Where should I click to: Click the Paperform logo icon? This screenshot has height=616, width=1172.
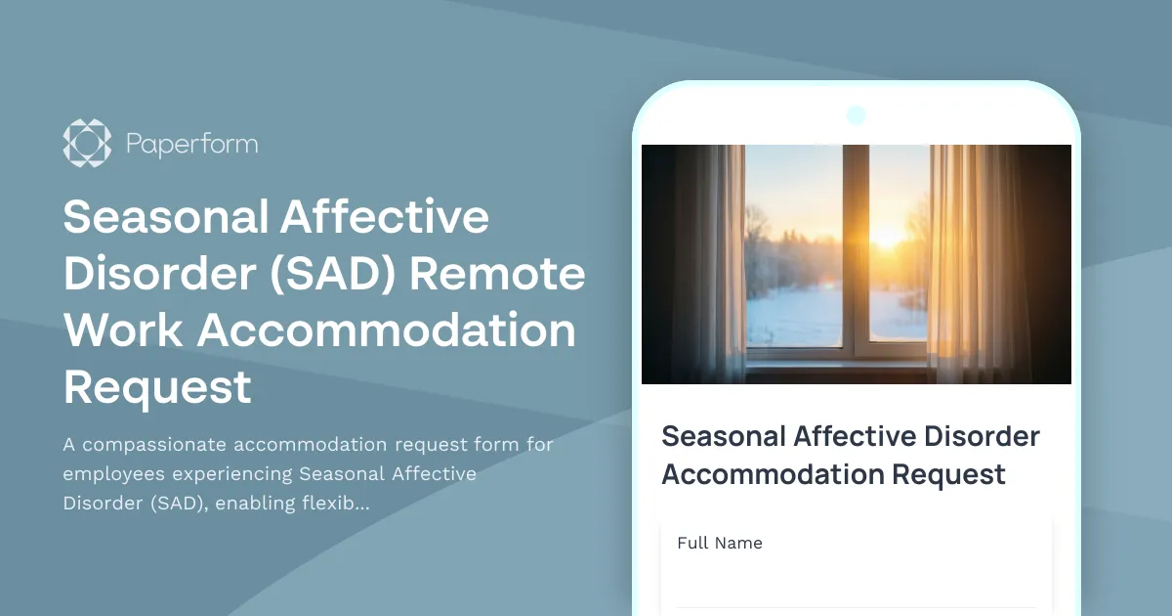point(87,143)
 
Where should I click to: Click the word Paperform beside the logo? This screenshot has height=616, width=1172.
point(191,145)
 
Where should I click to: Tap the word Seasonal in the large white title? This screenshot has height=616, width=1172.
point(165,218)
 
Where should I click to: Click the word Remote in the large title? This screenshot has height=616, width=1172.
point(497,275)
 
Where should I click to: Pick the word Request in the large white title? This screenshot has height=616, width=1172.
point(158,388)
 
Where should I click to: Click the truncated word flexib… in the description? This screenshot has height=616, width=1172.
point(335,504)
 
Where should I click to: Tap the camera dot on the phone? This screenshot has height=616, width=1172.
point(857,115)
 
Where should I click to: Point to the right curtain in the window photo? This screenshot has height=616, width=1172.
point(977,259)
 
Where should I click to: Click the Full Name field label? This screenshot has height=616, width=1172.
point(720,544)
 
